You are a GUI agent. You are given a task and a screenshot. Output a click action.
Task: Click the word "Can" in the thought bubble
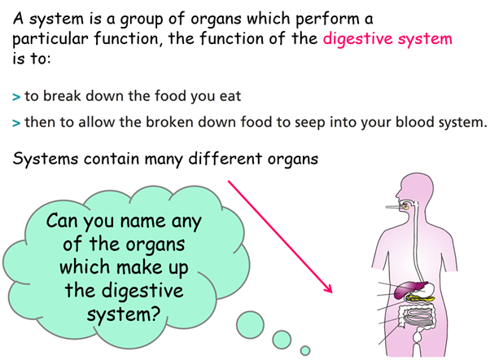(x=62, y=221)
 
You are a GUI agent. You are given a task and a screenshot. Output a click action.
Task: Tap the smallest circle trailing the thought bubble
(x=305, y=350)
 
